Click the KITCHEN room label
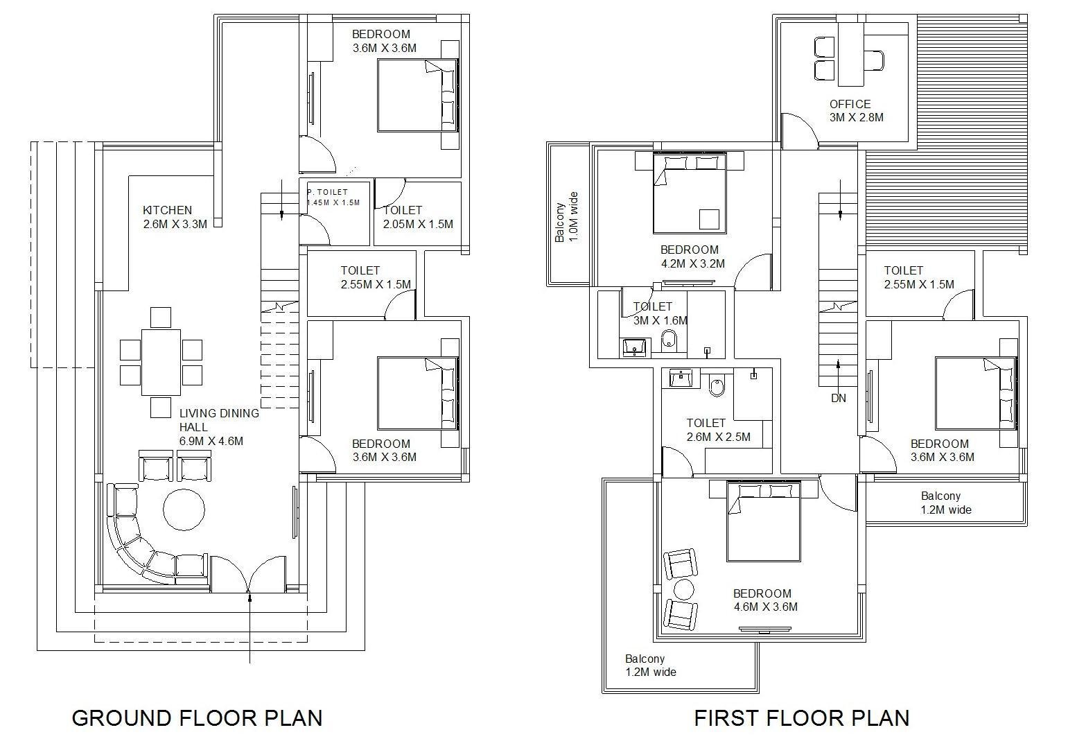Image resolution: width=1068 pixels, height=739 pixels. coord(167,210)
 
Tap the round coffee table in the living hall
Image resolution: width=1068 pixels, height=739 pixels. coord(184,510)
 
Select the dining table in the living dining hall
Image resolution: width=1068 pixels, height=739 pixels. coord(161,363)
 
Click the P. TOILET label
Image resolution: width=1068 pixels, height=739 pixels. coord(328,192)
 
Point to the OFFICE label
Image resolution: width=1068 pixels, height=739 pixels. coord(850,104)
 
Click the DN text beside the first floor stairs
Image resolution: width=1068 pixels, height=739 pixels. coord(838,398)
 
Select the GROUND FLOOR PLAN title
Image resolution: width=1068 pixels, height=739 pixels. coord(198,718)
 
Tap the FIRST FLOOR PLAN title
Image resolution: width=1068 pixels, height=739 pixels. coord(802,718)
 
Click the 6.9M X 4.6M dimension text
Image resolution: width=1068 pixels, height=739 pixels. coord(211,442)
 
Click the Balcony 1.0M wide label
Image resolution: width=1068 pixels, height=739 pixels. coord(566,218)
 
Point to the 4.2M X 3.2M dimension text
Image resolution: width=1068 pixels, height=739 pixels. coord(693,263)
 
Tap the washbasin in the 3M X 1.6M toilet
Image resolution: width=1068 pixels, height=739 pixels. coord(635,348)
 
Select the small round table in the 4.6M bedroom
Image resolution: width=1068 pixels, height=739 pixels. coord(684,590)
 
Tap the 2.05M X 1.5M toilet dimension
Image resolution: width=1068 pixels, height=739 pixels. coord(418,225)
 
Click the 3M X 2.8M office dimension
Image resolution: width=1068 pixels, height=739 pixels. coord(857,118)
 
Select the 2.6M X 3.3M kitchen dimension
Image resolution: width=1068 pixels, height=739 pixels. coord(175,224)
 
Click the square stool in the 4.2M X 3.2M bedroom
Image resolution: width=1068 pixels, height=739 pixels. coord(709,219)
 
